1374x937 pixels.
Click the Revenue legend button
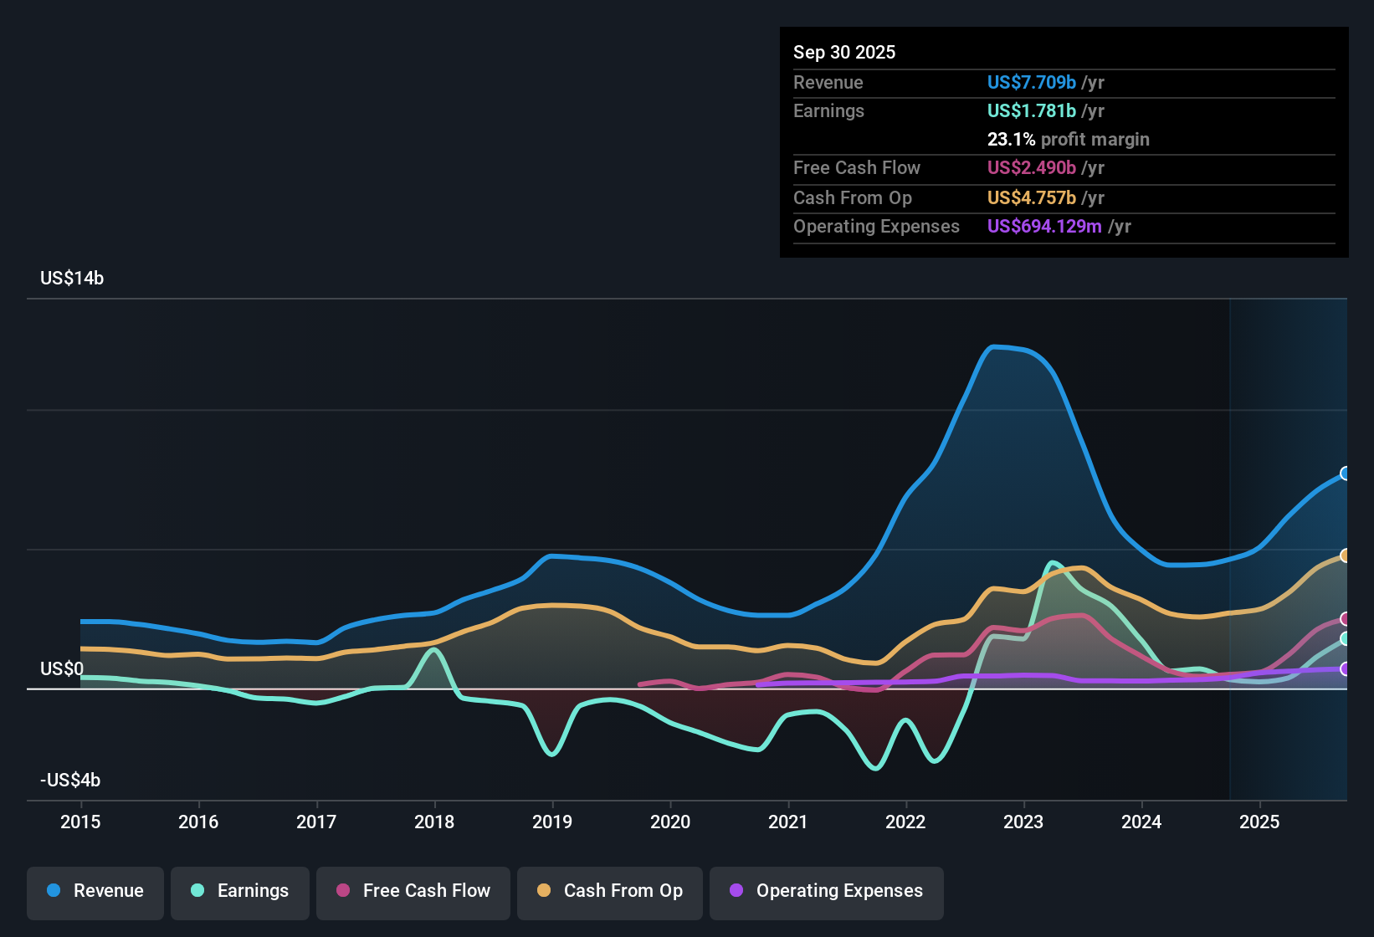95,891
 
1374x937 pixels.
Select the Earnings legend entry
240,891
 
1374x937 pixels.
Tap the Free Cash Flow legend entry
413,891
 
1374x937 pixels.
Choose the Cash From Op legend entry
610,891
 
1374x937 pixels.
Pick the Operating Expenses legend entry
827,891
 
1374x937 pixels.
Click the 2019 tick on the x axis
552,822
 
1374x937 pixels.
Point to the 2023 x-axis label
1023,822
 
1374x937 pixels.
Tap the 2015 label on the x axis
80,822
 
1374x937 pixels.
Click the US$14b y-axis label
72,279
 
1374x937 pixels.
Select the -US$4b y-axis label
70,781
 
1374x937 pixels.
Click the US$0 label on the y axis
62,668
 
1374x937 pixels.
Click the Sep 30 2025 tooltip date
843,52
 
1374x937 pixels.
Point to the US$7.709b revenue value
1031,82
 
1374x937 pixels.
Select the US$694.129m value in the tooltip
1043,226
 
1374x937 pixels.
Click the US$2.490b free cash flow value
1031,167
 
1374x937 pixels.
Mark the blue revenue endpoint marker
1346,474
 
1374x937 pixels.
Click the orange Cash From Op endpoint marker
1346,556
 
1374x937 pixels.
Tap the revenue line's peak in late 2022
993,346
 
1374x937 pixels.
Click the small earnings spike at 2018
433,649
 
